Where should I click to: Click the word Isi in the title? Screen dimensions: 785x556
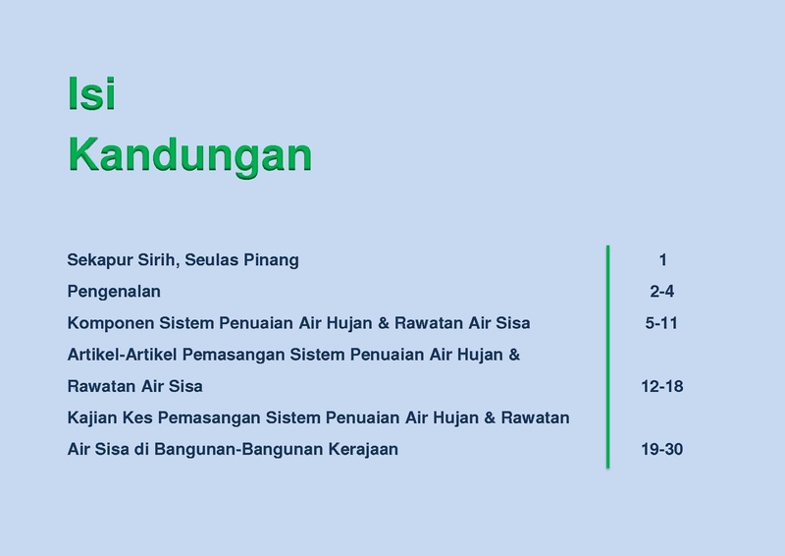pyautogui.click(x=91, y=93)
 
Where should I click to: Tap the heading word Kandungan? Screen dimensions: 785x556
pyautogui.click(x=189, y=155)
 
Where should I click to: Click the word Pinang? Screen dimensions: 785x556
pyautogui.click(x=271, y=260)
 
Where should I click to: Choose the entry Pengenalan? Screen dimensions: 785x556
pyautogui.click(x=114, y=292)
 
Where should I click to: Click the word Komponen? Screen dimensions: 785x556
pyautogui.click(x=111, y=323)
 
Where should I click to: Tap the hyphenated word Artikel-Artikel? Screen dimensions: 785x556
pyautogui.click(x=122, y=355)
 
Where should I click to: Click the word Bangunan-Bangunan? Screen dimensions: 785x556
pyautogui.click(x=238, y=449)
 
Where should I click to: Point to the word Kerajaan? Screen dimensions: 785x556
pyautogui.click(x=363, y=449)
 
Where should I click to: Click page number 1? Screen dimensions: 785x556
pyautogui.click(x=663, y=260)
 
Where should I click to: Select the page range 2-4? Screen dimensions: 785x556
pyautogui.click(x=661, y=292)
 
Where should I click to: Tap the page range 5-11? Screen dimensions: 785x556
pyautogui.click(x=661, y=323)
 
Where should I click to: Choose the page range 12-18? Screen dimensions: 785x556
pyautogui.click(x=661, y=386)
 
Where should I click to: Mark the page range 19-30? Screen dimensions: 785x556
pyautogui.click(x=661, y=449)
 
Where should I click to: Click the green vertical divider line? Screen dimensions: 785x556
pyautogui.click(x=607, y=357)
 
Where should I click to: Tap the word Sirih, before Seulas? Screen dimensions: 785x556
pyautogui.click(x=158, y=260)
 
